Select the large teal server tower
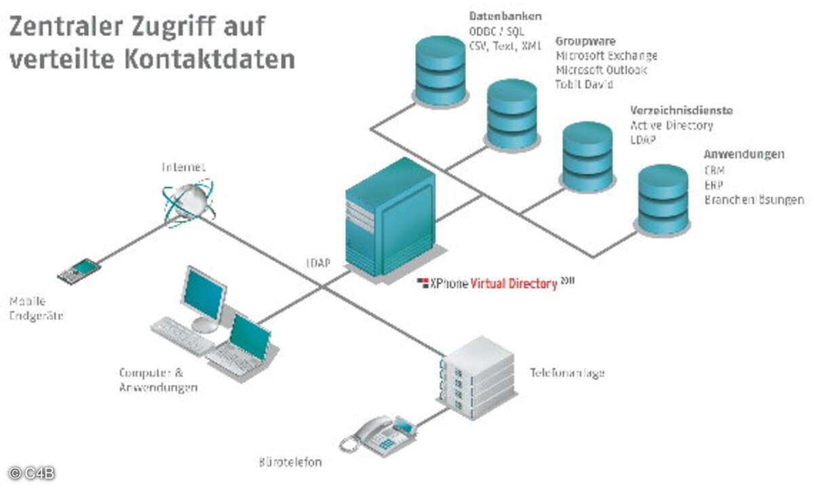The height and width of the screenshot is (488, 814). (x=389, y=216)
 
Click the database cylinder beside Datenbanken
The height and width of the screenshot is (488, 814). (x=440, y=71)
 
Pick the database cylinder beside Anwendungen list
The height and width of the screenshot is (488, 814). (x=663, y=199)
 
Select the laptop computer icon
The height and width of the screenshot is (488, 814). (x=244, y=346)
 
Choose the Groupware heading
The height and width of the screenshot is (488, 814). (x=585, y=41)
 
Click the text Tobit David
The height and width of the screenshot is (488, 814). (x=584, y=85)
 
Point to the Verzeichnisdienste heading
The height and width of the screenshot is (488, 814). (x=681, y=110)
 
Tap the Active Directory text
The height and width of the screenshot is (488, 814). (x=672, y=125)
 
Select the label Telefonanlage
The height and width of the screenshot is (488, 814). (x=566, y=373)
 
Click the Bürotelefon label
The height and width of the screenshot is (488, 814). (x=290, y=463)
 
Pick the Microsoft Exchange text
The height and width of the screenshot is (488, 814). (x=606, y=56)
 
